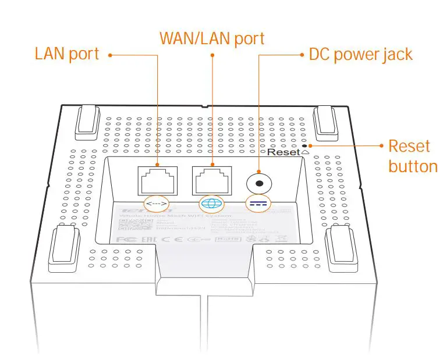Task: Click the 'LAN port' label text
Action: [67, 54]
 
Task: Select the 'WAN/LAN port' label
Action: [212, 38]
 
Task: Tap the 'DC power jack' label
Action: [360, 54]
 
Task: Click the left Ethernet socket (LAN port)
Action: [156, 179]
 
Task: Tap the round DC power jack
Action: [258, 183]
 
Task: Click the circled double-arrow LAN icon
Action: [156, 204]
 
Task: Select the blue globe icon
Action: [210, 204]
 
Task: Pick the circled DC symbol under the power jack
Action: [258, 204]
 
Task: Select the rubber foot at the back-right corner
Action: [325, 120]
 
